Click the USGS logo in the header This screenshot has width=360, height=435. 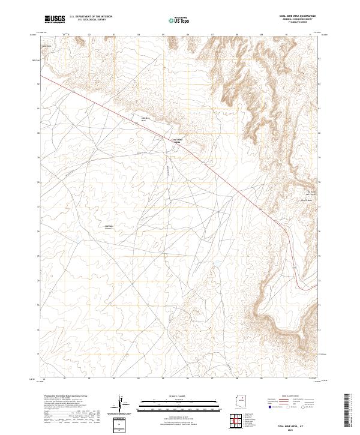(55, 20)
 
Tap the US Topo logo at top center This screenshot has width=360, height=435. (179, 20)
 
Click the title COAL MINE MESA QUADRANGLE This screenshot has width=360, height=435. (297, 16)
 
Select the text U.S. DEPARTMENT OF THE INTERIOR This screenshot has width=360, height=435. (91, 17)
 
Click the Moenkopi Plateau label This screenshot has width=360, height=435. (109, 226)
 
